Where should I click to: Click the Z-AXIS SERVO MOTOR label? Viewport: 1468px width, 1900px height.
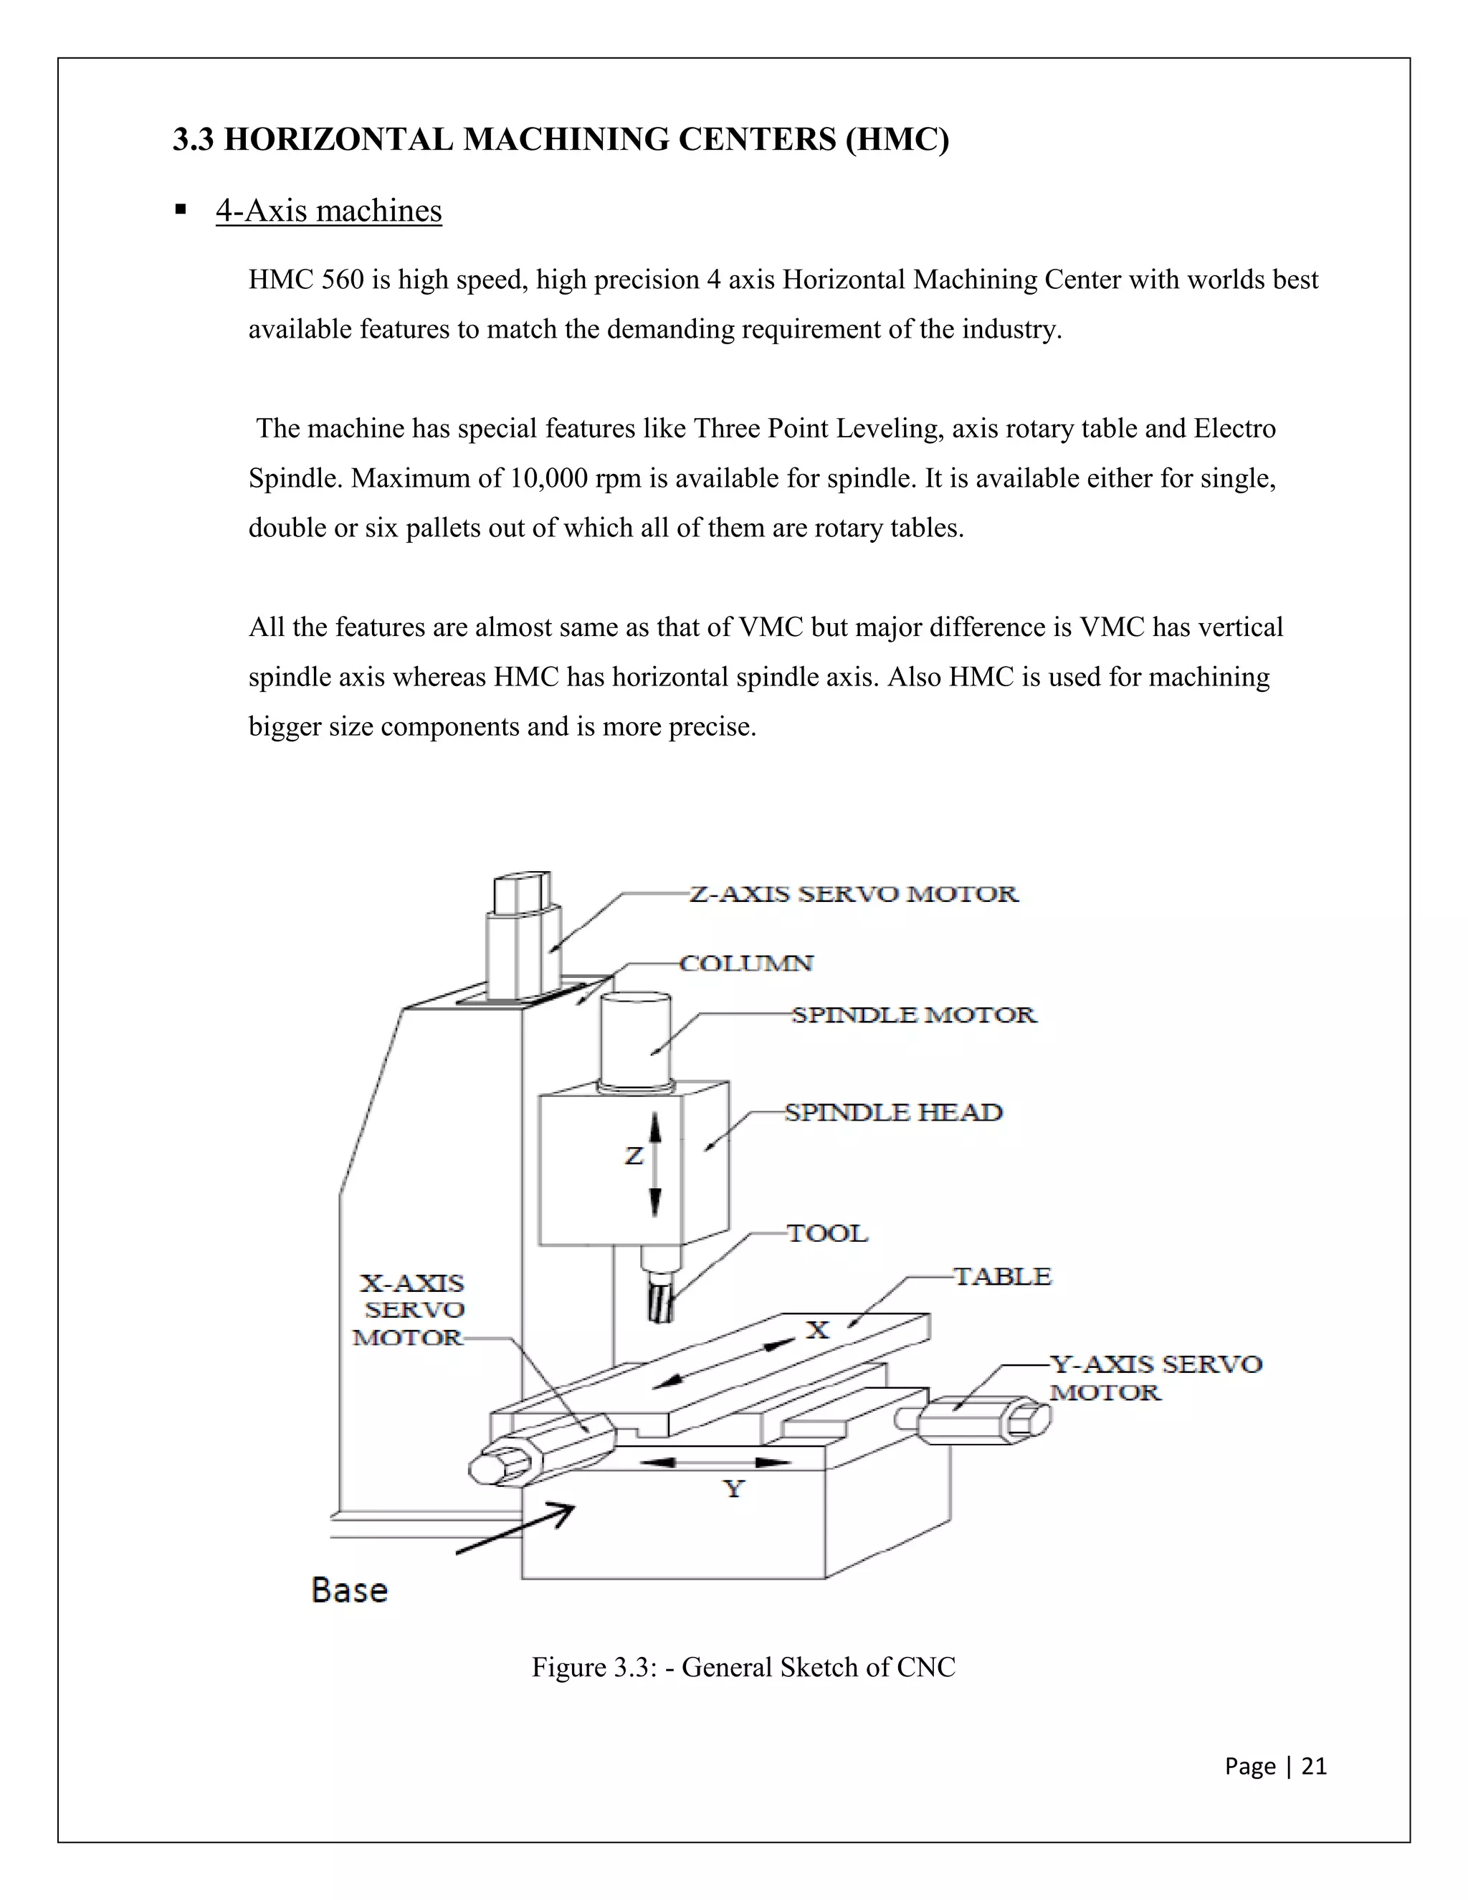pyautogui.click(x=852, y=894)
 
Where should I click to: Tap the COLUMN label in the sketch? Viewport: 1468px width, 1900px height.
pyautogui.click(x=746, y=964)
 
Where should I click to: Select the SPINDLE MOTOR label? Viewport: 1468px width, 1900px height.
pyautogui.click(x=913, y=1015)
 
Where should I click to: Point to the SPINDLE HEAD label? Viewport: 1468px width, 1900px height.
pyautogui.click(x=893, y=1113)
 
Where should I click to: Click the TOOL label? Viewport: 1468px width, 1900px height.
pyautogui.click(x=827, y=1234)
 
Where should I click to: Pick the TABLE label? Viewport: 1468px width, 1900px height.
pyautogui.click(x=1003, y=1277)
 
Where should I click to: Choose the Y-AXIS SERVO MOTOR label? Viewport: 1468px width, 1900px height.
pyautogui.click(x=1155, y=1378)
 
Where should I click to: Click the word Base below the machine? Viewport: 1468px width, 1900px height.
pyautogui.click(x=350, y=1590)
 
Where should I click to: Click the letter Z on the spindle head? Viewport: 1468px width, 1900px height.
pyautogui.click(x=634, y=1156)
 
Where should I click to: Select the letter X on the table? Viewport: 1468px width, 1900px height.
pyautogui.click(x=816, y=1329)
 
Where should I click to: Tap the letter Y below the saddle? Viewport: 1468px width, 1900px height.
pyautogui.click(x=734, y=1488)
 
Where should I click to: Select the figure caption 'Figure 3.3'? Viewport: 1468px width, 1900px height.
pyautogui.click(x=743, y=1667)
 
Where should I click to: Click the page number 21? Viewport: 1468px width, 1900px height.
pyautogui.click(x=1313, y=1766)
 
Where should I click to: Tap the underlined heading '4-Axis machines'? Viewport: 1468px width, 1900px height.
pyautogui.click(x=329, y=211)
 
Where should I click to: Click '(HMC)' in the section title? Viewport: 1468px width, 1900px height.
pyautogui.click(x=897, y=139)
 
